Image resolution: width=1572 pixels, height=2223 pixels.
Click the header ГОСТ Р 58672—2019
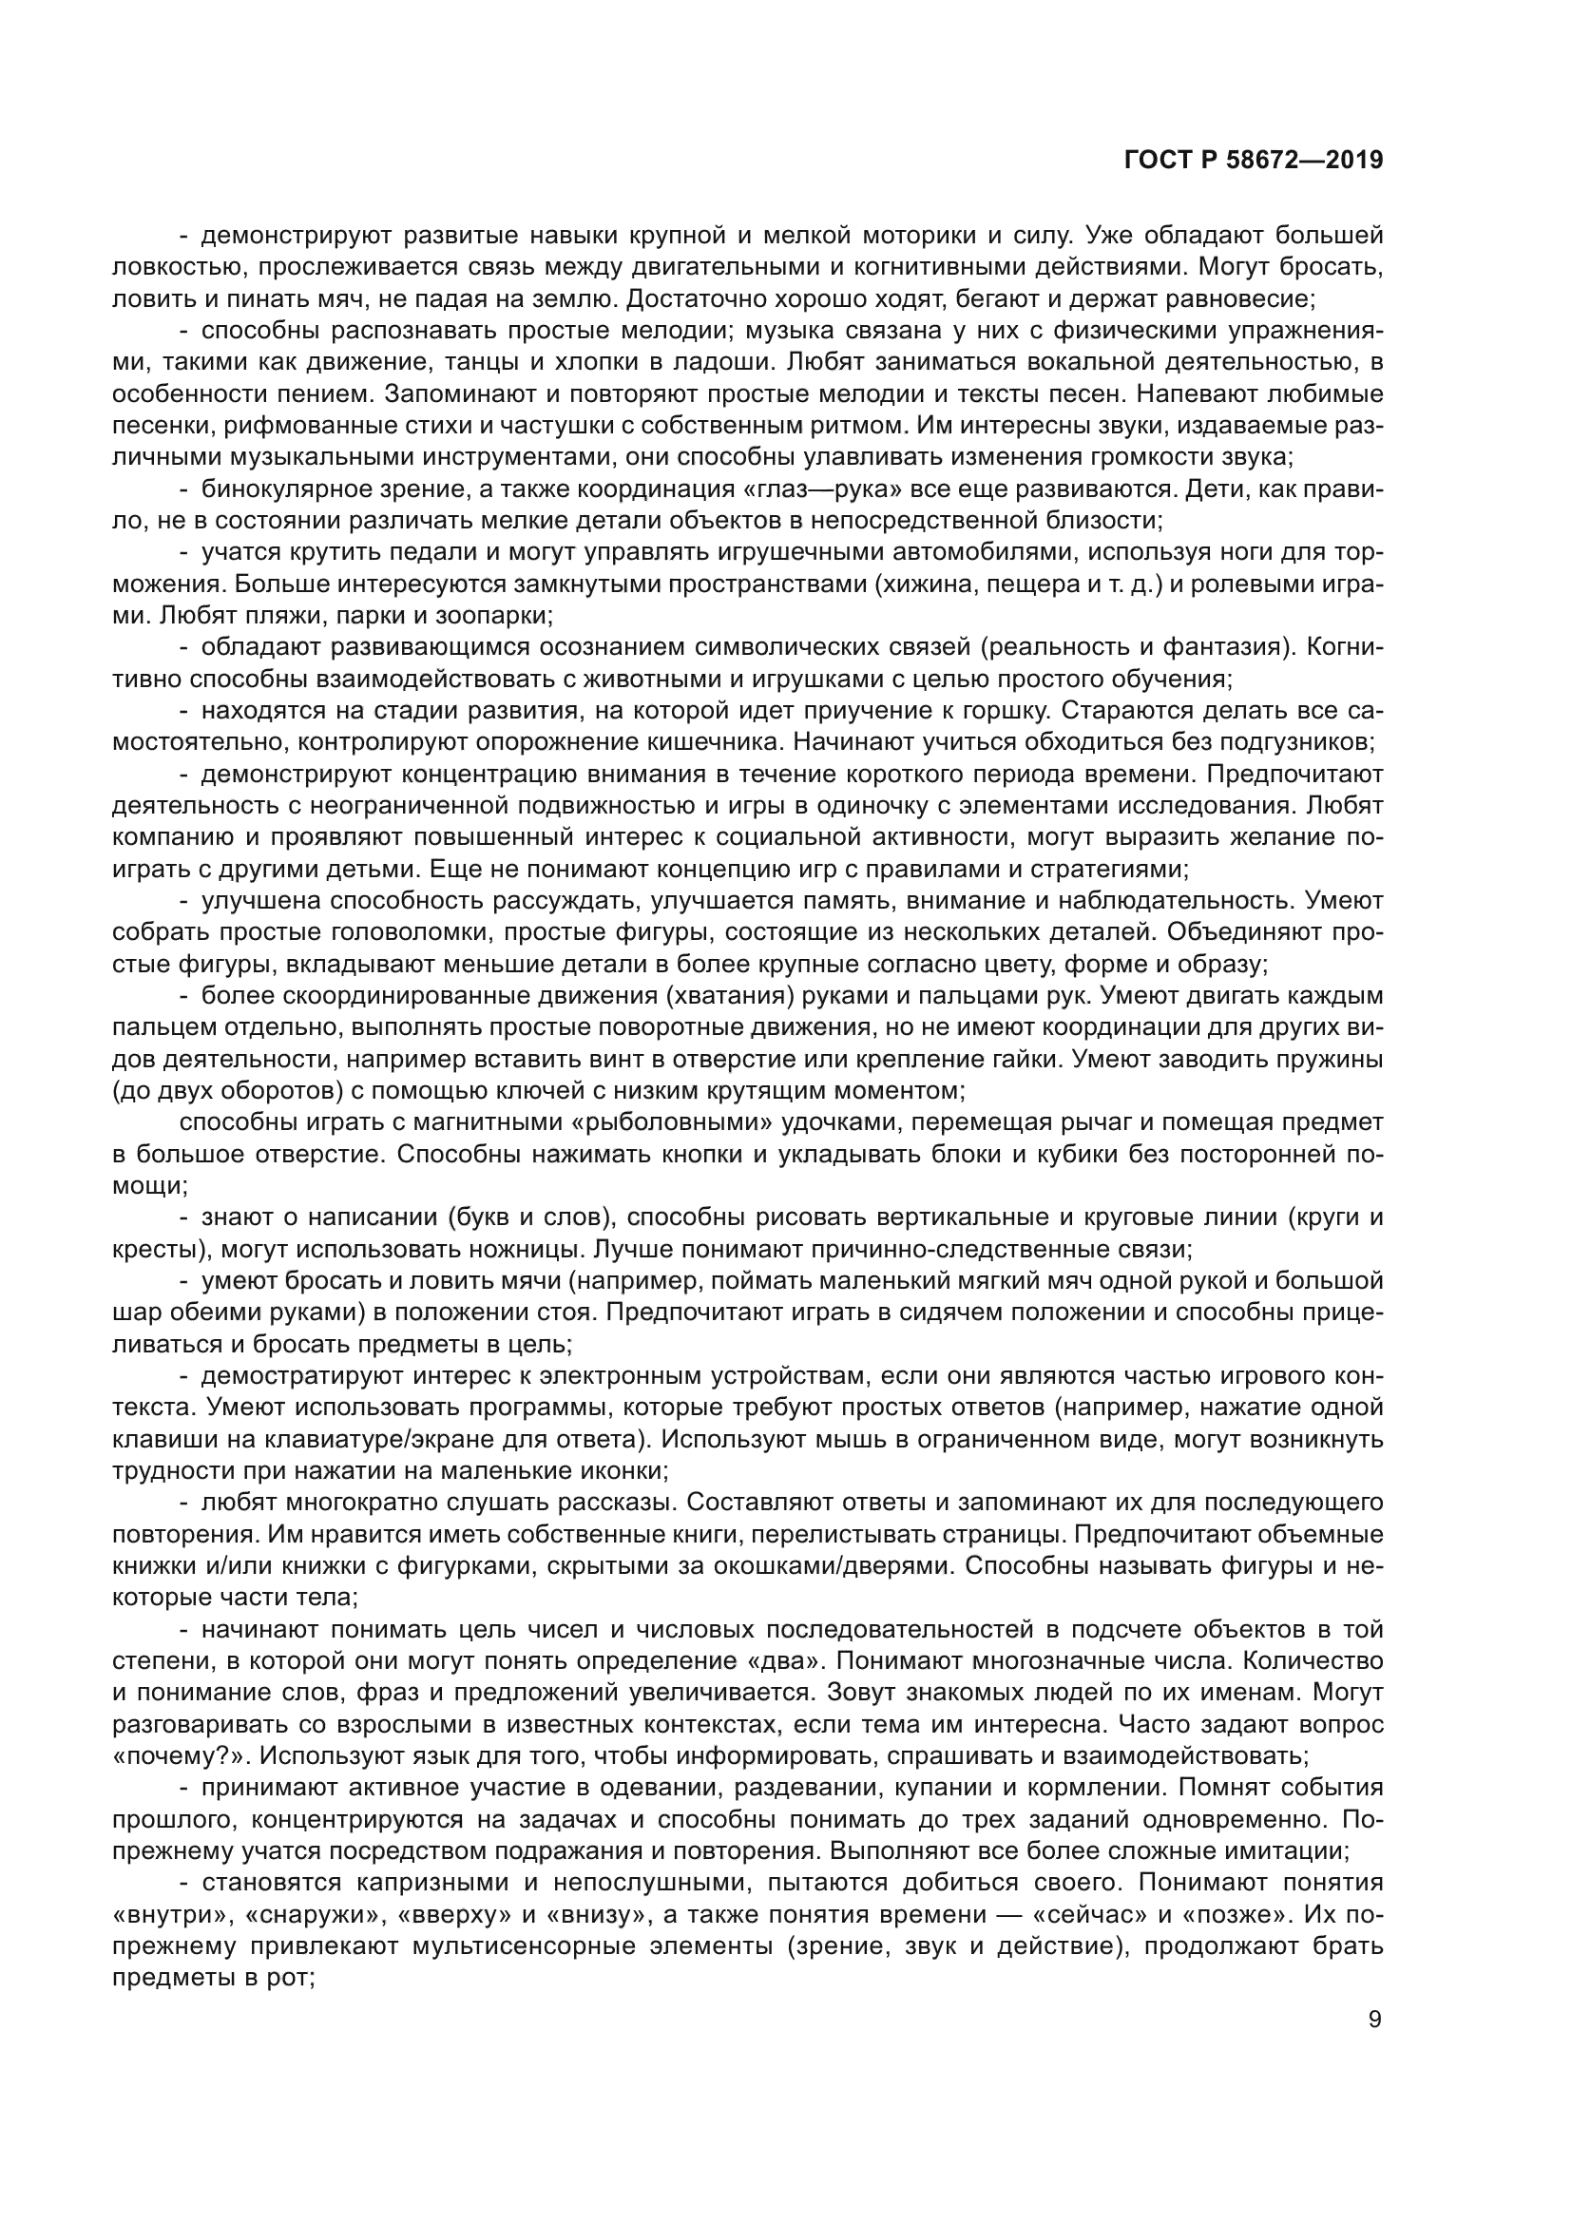(1254, 160)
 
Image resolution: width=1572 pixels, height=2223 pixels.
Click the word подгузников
(1291, 741)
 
